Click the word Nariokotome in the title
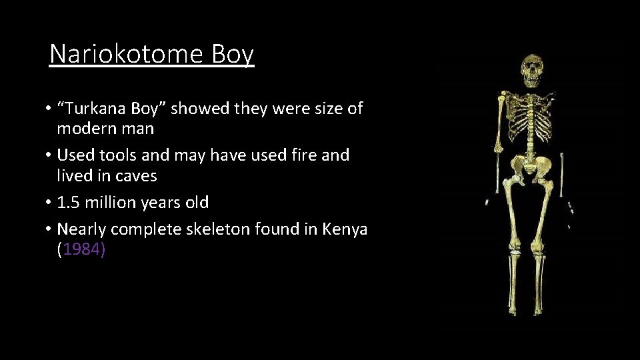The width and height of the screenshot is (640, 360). pyautogui.click(x=127, y=54)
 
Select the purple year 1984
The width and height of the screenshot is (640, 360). pyautogui.click(x=81, y=250)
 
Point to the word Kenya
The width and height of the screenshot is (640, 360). pyautogui.click(x=345, y=229)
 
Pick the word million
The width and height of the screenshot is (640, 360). pyautogui.click(x=112, y=202)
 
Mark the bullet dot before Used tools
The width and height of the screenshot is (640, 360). pyautogui.click(x=49, y=156)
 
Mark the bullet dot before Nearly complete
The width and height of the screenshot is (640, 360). pyautogui.click(x=49, y=230)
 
